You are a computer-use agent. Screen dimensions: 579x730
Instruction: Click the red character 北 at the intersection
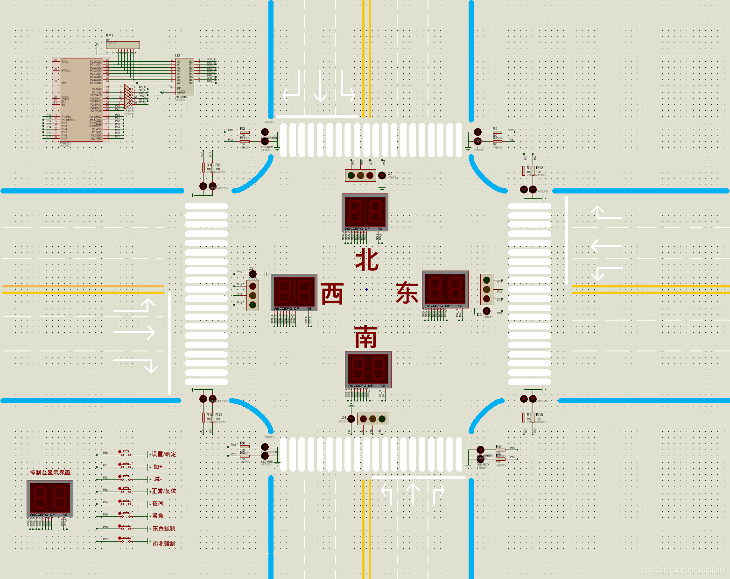point(366,260)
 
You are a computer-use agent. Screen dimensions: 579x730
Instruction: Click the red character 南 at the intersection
point(366,337)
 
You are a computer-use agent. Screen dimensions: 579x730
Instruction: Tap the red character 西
point(332,293)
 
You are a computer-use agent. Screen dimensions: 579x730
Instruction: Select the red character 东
point(407,293)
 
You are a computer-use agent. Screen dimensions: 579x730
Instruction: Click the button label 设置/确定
point(164,454)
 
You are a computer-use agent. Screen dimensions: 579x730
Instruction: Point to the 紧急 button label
point(158,516)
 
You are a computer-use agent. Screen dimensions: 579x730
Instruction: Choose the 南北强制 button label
point(164,543)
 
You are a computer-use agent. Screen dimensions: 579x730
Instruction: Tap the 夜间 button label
point(158,503)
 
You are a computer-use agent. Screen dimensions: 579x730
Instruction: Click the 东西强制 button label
point(164,528)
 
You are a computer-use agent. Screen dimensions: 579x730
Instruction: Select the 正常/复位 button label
point(164,491)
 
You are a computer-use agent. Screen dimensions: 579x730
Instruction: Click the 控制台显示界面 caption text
point(50,472)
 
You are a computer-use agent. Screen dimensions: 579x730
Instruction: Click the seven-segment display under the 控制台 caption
point(50,499)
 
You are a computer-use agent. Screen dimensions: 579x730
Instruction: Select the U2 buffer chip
point(184,76)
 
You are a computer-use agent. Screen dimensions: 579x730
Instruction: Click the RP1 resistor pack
point(122,45)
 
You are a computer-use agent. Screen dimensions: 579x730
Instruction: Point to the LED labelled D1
point(382,175)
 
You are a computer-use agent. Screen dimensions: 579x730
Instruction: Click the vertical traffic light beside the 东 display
point(486,289)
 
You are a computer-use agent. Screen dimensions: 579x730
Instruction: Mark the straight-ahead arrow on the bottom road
point(413,494)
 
